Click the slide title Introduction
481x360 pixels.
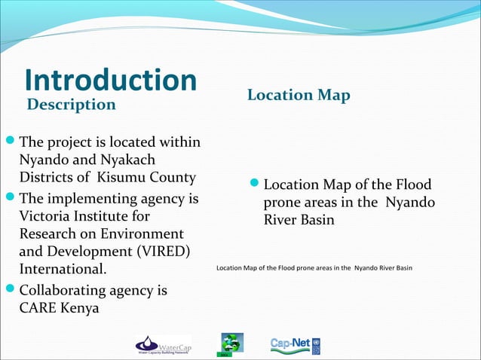(110, 81)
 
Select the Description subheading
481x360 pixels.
(72, 104)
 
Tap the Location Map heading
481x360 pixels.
(299, 95)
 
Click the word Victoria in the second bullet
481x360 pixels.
(50, 217)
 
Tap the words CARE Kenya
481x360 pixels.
(58, 308)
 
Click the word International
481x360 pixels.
(63, 269)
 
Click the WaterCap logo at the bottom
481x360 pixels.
(163, 345)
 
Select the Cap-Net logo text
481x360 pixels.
(289, 344)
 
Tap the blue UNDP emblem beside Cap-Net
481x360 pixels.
(315, 346)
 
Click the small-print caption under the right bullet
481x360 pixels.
(314, 268)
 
